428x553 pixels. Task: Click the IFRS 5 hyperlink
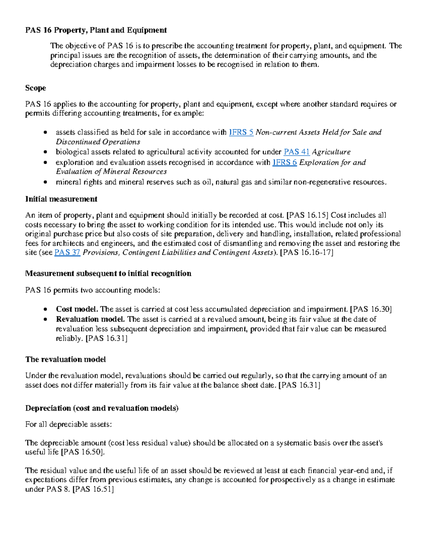click(x=241, y=132)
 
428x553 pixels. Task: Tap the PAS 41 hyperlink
click(x=296, y=152)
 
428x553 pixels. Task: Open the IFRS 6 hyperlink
click(x=284, y=163)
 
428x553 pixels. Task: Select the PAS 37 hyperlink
click(x=67, y=253)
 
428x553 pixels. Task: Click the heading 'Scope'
click(x=35, y=88)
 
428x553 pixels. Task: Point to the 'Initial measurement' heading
click(x=61, y=199)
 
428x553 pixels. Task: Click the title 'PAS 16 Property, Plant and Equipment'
click(x=96, y=30)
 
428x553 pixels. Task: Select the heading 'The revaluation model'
click(x=65, y=359)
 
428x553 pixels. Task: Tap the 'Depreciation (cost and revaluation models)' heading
click(x=102, y=408)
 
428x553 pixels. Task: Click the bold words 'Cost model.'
click(x=77, y=309)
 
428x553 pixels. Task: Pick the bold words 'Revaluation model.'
click(x=90, y=319)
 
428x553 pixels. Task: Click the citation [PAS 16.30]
click(x=371, y=309)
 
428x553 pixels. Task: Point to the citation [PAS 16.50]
click(x=83, y=452)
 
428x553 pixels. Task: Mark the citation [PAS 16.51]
click(x=93, y=489)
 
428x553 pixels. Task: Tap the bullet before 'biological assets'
click(x=45, y=152)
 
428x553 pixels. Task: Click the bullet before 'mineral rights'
click(x=45, y=182)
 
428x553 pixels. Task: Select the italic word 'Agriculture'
click(x=331, y=152)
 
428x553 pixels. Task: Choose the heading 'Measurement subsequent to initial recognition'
click(x=108, y=273)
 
